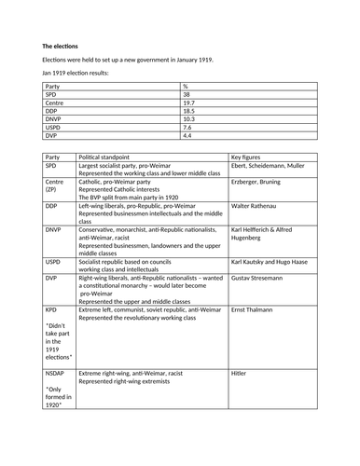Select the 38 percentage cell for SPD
point(187,94)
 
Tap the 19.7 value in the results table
point(188,103)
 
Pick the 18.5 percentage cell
point(188,111)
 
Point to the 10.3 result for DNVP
point(188,119)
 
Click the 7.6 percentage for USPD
point(187,128)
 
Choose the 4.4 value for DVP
point(187,136)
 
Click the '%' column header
point(186,86)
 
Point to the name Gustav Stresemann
point(262,278)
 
